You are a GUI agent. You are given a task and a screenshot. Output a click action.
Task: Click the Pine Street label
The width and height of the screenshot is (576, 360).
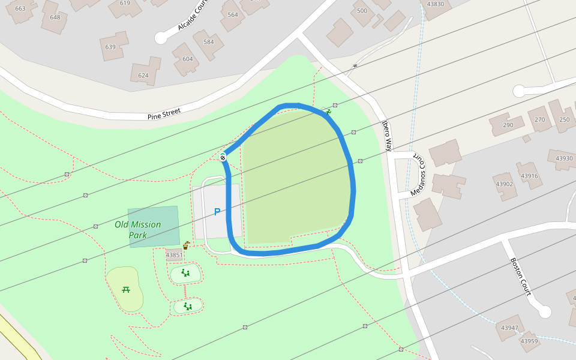pos(164,113)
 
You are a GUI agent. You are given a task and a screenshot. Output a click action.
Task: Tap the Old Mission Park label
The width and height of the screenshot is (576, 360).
pos(138,230)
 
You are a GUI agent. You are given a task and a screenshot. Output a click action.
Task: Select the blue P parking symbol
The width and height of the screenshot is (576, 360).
pos(217,212)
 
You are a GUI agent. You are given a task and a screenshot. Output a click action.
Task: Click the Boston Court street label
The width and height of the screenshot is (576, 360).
pos(520,277)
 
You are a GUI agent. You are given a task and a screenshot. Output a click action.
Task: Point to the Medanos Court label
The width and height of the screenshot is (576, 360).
pos(419,176)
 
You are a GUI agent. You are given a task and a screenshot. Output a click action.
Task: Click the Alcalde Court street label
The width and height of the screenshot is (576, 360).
pos(193,16)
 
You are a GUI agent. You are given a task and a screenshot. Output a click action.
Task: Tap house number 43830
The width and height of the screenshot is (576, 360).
pos(435,4)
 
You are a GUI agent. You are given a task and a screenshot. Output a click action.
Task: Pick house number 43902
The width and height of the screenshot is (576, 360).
pos(504,184)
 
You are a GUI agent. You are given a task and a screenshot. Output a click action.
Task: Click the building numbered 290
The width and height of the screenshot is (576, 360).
pos(508,125)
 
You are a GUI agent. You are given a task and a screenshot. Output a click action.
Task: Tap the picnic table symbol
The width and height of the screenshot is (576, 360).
pos(126,289)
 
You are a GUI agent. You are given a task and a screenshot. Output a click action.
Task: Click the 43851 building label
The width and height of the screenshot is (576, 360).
pos(174,255)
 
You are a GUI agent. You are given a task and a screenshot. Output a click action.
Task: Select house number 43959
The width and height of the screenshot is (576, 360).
pos(529,341)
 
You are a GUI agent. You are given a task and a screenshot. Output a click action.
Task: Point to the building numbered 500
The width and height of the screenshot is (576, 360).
pos(362,11)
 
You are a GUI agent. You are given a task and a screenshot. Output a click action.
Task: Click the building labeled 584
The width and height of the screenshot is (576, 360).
pos(208,42)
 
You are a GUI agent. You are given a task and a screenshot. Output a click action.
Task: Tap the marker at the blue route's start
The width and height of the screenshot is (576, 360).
pos(223,157)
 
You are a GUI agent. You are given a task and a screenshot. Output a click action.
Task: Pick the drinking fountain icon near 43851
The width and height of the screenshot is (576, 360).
pos(187,245)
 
